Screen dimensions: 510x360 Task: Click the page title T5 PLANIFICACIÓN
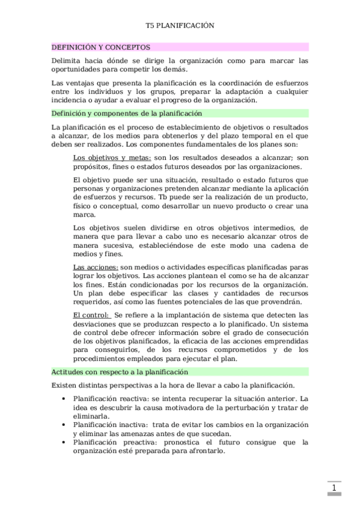point(180,26)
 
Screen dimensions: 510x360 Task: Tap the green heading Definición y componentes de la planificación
point(126,112)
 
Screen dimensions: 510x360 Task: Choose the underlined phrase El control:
point(91,315)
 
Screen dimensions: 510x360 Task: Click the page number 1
point(334,487)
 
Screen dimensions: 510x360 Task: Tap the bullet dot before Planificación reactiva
point(64,399)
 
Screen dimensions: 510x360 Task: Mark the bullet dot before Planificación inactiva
point(64,424)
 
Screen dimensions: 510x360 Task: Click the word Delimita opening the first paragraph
point(69,61)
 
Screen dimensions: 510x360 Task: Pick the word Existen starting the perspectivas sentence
point(66,384)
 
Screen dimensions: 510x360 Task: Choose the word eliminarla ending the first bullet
point(91,416)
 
